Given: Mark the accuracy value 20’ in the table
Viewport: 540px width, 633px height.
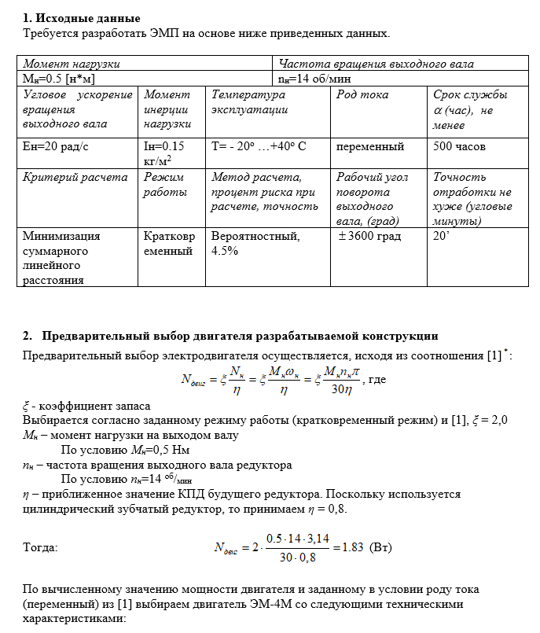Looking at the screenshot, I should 441,236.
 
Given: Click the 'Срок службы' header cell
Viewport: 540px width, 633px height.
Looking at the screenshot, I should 470,94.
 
